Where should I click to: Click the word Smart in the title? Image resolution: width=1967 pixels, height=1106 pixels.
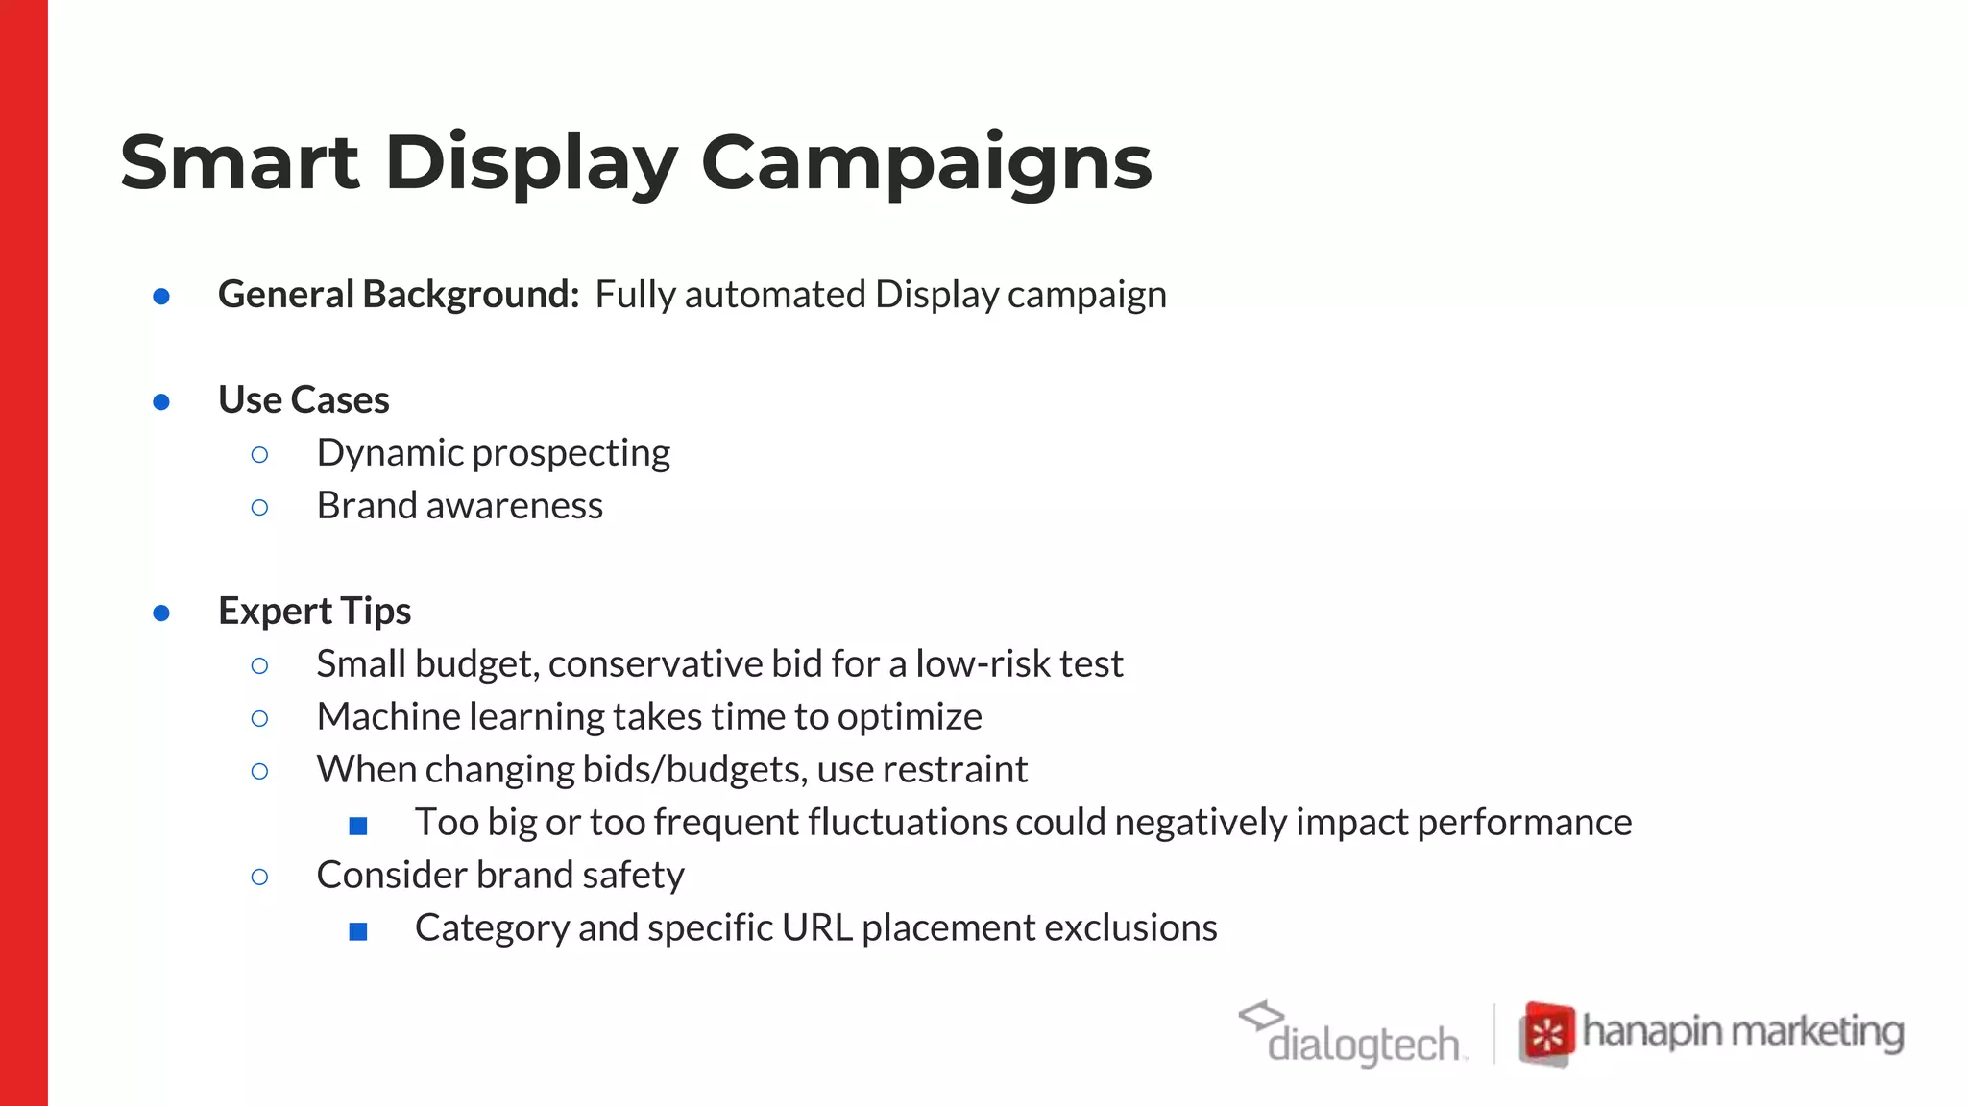(x=239, y=162)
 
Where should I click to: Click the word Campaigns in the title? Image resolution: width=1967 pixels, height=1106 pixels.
(x=926, y=164)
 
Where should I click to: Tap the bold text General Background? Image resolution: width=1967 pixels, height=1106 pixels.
(x=399, y=295)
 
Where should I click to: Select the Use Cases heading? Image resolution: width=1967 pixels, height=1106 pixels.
(x=304, y=400)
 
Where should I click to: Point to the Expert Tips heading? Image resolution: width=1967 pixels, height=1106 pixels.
(x=314, y=612)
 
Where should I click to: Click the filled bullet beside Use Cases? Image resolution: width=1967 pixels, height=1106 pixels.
(x=161, y=401)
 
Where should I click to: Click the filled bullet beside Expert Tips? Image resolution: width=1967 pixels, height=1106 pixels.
(x=161, y=613)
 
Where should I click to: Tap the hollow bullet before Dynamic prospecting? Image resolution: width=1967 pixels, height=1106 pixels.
(x=259, y=454)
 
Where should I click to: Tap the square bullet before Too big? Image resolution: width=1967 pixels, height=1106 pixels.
(x=358, y=825)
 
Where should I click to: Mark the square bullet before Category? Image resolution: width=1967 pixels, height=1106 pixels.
(x=358, y=930)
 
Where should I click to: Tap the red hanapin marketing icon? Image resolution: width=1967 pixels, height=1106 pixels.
(x=1546, y=1034)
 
